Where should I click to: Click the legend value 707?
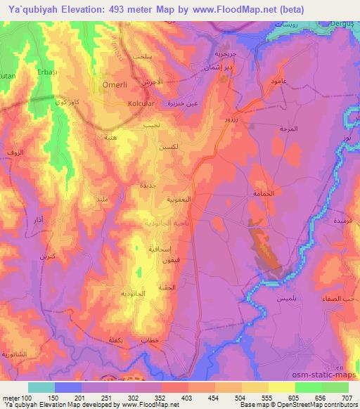348,398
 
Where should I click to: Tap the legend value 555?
269,398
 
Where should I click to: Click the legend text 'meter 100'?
17,398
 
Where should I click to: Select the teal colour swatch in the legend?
41,387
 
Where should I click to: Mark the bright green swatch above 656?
309,387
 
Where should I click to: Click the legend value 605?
295,398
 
